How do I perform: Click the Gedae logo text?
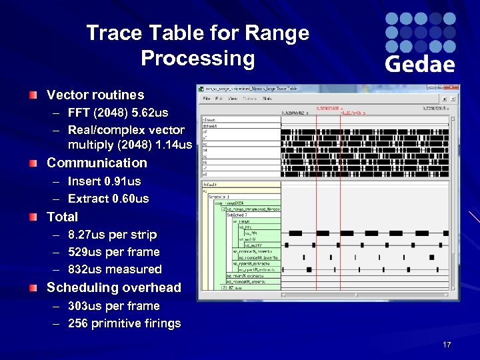click(x=420, y=64)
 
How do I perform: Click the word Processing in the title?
click(x=198, y=59)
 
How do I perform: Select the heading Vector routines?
click(x=95, y=95)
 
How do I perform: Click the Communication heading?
click(x=97, y=163)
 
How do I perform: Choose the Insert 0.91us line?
click(x=105, y=181)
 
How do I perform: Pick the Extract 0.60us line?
click(x=109, y=199)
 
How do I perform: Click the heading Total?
click(x=62, y=217)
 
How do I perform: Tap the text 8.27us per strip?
click(x=113, y=235)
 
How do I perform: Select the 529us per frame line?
click(x=114, y=252)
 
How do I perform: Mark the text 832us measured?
click(x=115, y=269)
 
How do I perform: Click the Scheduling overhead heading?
click(x=113, y=287)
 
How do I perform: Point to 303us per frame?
click(x=114, y=306)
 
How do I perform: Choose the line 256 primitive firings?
click(x=125, y=323)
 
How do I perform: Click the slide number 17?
click(x=447, y=345)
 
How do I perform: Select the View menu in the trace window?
click(x=233, y=98)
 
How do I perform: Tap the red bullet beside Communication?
click(x=33, y=163)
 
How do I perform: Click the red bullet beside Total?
click(x=33, y=217)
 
